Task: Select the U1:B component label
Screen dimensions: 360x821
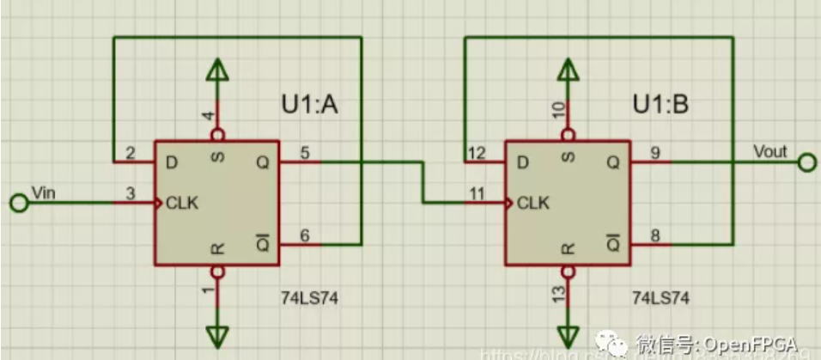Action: [660, 106]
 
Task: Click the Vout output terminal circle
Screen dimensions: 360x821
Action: [806, 162]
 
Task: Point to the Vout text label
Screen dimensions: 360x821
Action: [769, 150]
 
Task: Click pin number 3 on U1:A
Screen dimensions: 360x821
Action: [131, 194]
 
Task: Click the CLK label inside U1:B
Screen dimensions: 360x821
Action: [533, 204]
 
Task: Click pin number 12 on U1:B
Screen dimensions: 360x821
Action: [476, 152]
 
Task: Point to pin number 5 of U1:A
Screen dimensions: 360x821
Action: [304, 152]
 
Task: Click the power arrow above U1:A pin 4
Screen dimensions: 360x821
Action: [218, 71]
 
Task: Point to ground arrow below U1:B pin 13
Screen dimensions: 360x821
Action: [567, 333]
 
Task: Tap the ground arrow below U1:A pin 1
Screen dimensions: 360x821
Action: [218, 333]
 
